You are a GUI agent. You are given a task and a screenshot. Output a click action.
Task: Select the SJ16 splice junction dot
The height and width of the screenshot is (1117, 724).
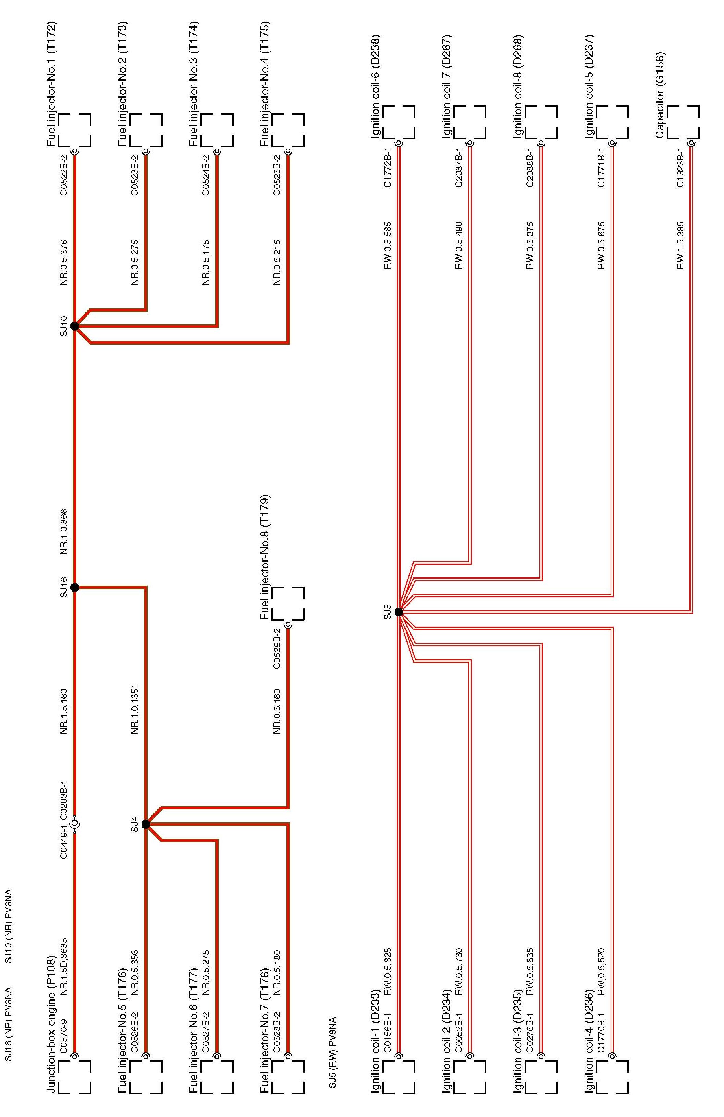coord(74,587)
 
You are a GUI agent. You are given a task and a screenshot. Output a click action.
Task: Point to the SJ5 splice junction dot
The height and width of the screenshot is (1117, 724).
coord(399,612)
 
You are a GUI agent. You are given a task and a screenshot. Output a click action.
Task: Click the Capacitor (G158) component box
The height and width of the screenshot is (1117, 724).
coord(683,122)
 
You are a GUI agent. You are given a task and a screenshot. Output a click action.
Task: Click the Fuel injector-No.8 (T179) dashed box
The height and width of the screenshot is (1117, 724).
coord(288,604)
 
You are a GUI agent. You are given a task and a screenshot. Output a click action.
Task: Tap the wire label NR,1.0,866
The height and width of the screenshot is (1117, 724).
coord(64,532)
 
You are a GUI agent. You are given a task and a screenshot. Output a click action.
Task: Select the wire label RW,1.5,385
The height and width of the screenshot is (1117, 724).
coord(680,245)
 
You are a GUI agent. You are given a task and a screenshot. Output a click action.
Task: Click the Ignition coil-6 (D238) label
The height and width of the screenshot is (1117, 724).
coord(376,87)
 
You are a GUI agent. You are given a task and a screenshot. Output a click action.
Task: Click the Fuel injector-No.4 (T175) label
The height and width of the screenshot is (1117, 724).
coord(265,83)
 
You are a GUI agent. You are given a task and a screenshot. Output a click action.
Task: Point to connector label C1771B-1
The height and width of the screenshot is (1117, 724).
coord(601,168)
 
